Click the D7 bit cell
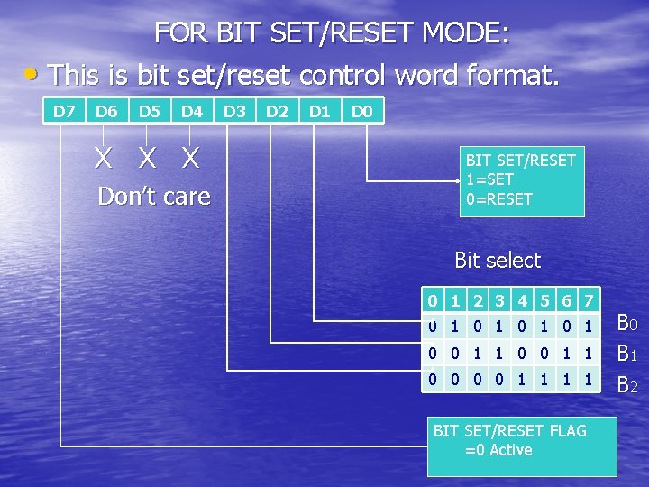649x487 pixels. point(63,112)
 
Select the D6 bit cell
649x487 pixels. point(105,112)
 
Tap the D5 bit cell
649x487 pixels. point(149,112)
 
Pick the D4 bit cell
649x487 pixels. point(191,112)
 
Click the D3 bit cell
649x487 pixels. point(234,112)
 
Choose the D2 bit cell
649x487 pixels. point(277,112)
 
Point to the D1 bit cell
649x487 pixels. point(319,112)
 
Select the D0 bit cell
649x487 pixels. point(362,112)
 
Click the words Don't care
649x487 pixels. point(153,197)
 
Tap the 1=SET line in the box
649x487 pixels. point(490,179)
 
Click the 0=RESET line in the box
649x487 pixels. point(499,199)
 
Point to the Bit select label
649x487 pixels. point(498,261)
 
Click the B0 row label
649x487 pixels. point(627,322)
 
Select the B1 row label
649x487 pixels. point(627,353)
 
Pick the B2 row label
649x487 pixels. point(627,385)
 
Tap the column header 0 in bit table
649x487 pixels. point(434,299)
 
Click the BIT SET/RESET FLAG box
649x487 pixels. point(521,440)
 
